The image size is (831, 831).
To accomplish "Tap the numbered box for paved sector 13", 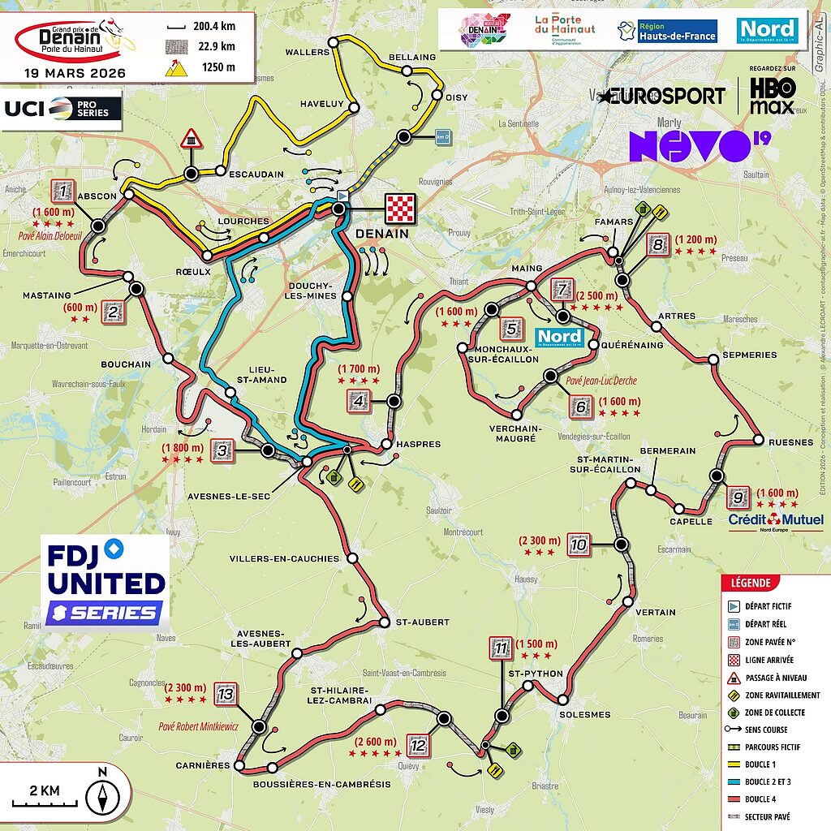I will click(226, 695).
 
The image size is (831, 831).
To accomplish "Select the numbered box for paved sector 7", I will click(562, 290).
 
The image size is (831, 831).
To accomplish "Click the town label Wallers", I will click(308, 52).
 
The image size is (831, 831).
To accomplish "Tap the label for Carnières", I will click(203, 765).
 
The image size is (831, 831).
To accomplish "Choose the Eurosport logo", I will click(662, 96).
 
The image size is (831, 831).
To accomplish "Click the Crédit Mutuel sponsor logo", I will click(776, 520).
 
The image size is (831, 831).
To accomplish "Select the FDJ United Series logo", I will click(106, 583).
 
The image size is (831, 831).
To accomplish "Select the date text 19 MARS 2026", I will click(75, 72).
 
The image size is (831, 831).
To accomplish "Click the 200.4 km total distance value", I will click(213, 26).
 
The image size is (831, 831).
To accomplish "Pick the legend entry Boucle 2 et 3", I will click(770, 781).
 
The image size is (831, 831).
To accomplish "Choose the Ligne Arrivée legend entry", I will click(771, 660).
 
